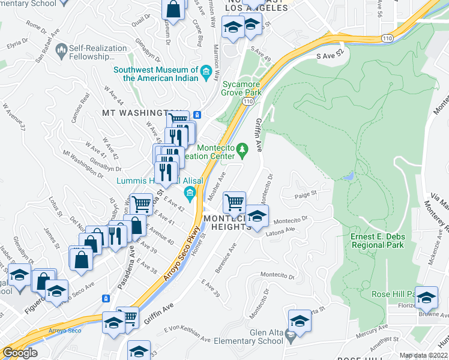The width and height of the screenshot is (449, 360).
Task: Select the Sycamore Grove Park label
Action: [242, 89]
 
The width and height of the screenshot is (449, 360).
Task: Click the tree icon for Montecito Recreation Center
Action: [242, 148]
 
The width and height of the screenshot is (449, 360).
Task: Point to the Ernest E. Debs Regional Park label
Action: [378, 241]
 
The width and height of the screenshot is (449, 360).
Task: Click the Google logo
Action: [20, 353]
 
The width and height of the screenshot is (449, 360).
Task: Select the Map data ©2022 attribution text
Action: [423, 355]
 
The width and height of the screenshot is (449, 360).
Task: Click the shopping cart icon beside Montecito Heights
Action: [234, 202]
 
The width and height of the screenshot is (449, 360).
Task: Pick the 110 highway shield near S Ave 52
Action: [387, 38]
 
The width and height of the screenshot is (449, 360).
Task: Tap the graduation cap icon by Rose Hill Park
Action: [426, 296]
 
